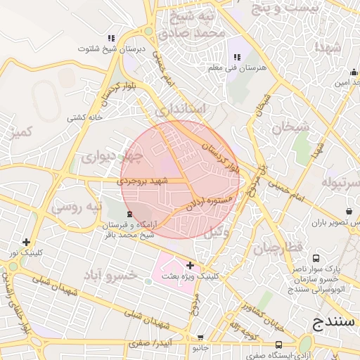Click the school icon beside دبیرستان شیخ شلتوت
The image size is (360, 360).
[x=110, y=38]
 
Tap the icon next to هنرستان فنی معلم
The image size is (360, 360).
[x=235, y=56]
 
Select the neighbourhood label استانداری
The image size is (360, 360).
[x=181, y=110]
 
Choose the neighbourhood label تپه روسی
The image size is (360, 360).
[x=77, y=207]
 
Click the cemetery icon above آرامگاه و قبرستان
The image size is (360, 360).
[x=128, y=214]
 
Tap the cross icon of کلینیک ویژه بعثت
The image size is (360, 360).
[x=189, y=265]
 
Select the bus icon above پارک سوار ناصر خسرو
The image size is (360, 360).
[x=316, y=258]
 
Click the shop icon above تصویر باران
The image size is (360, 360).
[x=349, y=211]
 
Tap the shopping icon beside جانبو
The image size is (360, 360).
[x=200, y=337]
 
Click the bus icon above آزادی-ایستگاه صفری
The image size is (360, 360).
[x=279, y=345]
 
